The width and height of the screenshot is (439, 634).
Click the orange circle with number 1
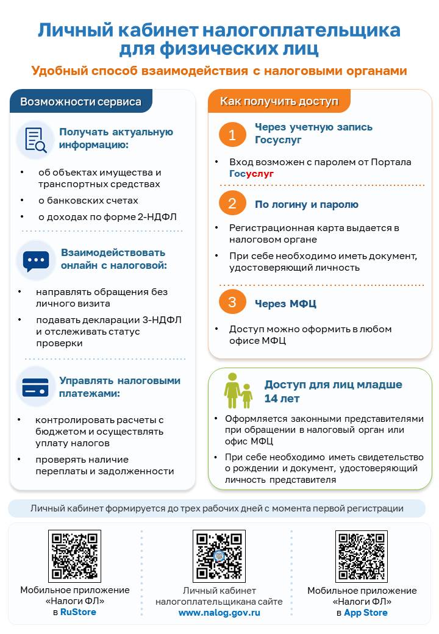pos(232,135)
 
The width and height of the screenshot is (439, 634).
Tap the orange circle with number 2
pos(232,204)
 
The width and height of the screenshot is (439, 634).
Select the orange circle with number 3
pos(232,302)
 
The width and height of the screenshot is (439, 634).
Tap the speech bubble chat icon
pos(35,260)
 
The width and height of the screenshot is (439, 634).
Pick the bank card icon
pos(35,387)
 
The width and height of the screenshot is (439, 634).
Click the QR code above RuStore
pos(74,555)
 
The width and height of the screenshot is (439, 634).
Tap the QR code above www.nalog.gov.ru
pos(219,555)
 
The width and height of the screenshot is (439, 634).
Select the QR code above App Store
pos(362,555)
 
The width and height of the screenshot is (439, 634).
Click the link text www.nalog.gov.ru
pos(220,613)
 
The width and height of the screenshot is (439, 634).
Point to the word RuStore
pos(78,612)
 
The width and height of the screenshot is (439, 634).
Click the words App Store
pos(366,613)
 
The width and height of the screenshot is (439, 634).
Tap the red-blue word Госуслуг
pos(252,174)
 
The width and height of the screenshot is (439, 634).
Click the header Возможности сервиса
pos(80,102)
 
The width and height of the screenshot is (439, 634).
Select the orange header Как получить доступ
pos(279,101)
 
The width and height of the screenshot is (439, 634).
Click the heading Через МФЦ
pos(285,304)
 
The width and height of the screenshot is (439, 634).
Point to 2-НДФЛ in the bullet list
pos(157,217)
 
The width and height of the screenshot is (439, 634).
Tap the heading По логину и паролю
pos(307,205)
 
